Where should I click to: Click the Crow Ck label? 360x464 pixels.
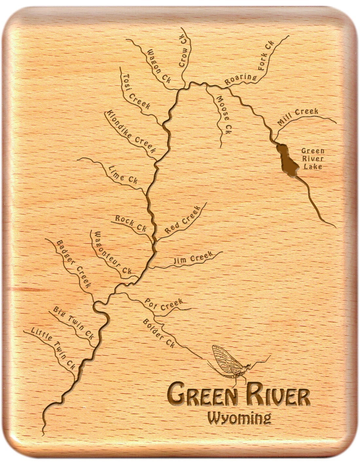click(184, 52)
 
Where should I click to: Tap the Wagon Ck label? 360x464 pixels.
click(159, 66)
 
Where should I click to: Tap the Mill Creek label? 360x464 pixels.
click(297, 117)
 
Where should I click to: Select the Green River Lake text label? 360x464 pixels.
click(313, 159)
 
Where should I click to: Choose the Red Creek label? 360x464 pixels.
click(182, 220)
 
